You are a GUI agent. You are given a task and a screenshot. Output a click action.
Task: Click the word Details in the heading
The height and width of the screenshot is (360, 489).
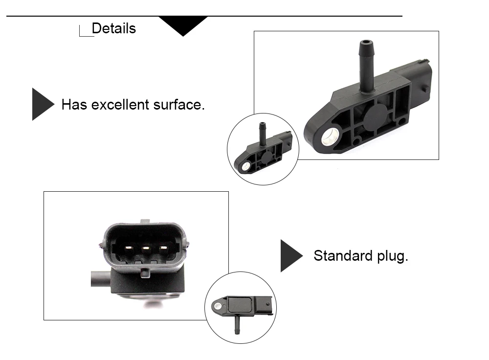coord(114,28)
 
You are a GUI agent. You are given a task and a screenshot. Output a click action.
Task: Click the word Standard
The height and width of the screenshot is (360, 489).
coord(343,255)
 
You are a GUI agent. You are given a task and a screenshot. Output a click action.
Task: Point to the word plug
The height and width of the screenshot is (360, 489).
coord(392,256)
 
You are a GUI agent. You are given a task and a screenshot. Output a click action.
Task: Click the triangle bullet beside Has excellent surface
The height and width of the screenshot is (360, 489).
coord(44,104)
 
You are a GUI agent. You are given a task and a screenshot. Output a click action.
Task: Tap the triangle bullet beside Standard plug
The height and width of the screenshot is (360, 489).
coord(291,256)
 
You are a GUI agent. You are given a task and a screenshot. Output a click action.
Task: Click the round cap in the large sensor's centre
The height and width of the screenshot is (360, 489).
coord(374,117)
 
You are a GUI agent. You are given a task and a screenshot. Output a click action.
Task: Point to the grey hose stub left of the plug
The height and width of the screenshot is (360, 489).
coord(100,279)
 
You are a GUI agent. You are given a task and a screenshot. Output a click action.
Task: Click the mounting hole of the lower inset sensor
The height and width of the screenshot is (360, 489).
coord(218,306)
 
